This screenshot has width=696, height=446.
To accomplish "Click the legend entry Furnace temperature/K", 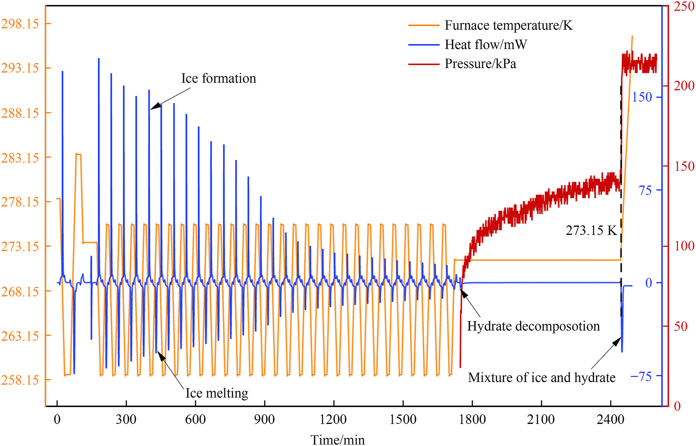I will [508, 25].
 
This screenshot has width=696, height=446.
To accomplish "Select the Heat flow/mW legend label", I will [486, 45].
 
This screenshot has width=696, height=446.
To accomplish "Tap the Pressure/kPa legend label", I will [480, 64].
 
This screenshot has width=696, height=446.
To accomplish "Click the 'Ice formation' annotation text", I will [218, 78].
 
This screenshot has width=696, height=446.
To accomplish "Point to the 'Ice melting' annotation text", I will [217, 393].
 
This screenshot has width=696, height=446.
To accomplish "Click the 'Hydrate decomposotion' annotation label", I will [533, 326].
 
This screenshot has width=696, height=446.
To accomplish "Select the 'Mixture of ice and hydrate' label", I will [541, 377].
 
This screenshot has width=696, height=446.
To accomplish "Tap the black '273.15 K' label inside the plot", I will [591, 231].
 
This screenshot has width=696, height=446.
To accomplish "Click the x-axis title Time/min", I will [338, 440].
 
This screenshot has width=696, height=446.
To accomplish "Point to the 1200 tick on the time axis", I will [333, 420].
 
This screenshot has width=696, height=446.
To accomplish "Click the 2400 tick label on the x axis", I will [610, 420].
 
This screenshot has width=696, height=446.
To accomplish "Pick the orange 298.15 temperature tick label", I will [20, 24].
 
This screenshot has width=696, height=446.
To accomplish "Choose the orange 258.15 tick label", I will [20, 380].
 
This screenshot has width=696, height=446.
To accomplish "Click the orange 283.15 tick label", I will [20, 158].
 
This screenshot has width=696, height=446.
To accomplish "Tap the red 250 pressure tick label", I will [684, 6].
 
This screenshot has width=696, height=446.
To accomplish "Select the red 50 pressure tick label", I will [681, 326].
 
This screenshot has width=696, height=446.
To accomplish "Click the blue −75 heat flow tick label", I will [641, 376].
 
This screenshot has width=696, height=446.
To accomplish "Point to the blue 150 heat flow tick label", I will [642, 97].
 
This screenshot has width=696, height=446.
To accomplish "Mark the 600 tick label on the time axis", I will [195, 420].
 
